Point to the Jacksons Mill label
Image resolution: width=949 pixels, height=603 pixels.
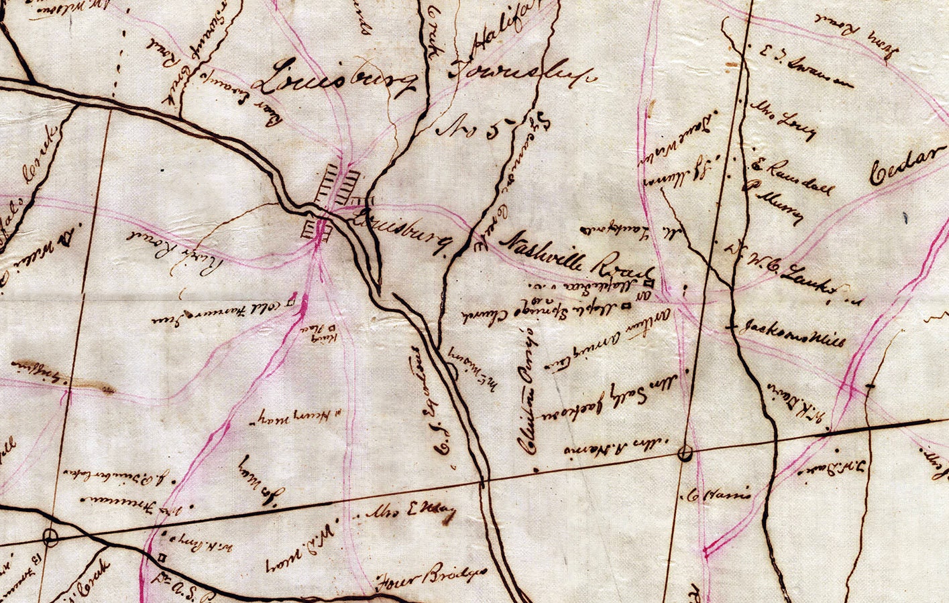pyautogui.click(x=791, y=332)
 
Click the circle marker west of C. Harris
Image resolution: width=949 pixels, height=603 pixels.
pyautogui.click(x=685, y=454)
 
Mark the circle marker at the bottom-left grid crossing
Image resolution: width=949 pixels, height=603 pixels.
pyautogui.click(x=50, y=536)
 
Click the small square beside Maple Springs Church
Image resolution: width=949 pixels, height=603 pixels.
pyautogui.click(x=626, y=306)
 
